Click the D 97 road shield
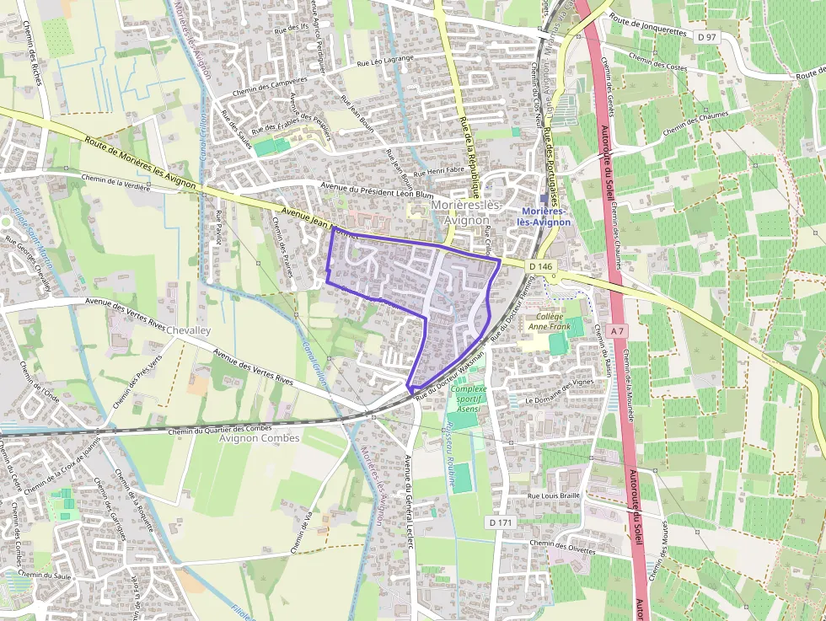pos(707,37)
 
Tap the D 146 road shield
pos(543,266)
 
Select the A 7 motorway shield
pos(618,331)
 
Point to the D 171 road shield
pos(500,522)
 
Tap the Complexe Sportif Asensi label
pos(469,399)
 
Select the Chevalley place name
pos(189,331)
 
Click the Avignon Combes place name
pos(259,438)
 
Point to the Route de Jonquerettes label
pos(648,30)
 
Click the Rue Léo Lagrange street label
pos(388,62)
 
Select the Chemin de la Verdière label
pos(115,182)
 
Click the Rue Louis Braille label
pos(554,495)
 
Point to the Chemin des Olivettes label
pos(562,547)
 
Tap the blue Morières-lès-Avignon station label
pos(546,217)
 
